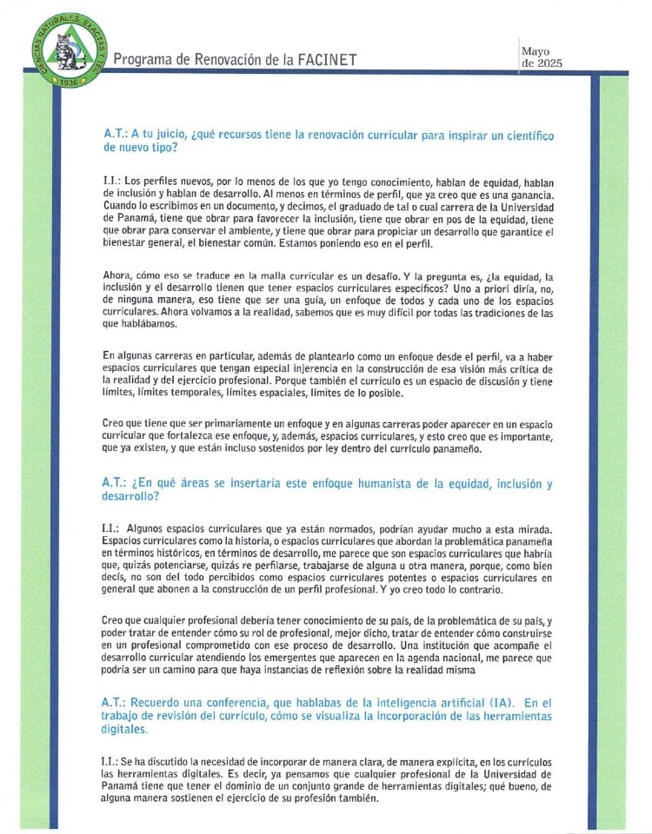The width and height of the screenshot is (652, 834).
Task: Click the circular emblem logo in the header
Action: (66, 48)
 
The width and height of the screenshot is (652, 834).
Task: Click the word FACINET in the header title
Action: (324, 60)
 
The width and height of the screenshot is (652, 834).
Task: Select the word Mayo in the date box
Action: (535, 51)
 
